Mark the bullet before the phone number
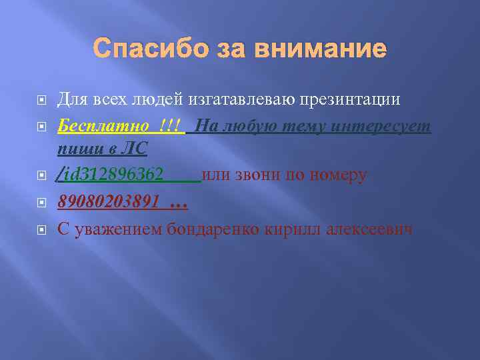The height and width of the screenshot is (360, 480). point(41,202)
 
